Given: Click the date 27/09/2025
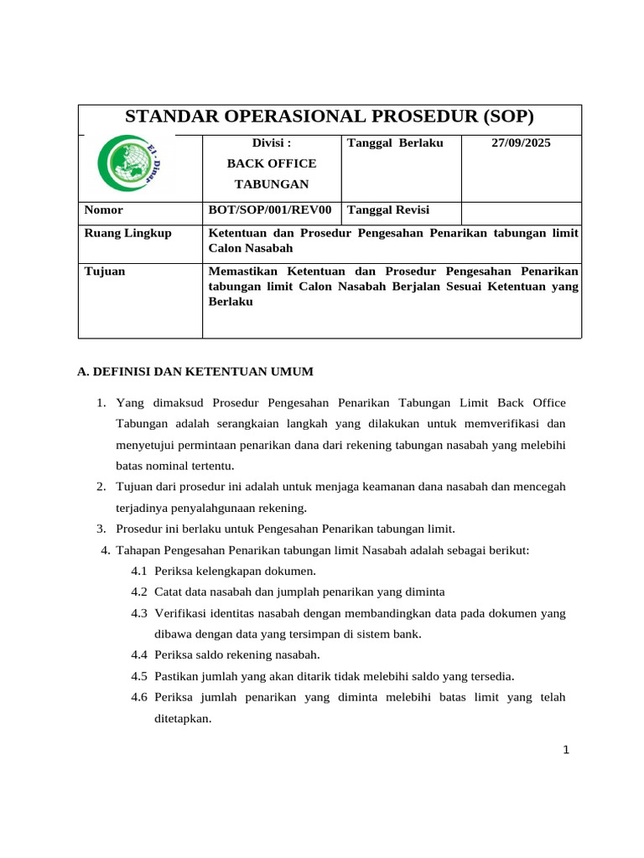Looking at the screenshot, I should tap(521, 143).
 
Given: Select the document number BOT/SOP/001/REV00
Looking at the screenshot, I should tap(270, 210).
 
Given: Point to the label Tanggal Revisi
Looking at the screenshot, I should tap(388, 210).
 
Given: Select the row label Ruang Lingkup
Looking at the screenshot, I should tap(127, 233).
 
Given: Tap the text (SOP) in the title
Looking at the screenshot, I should tap(504, 117).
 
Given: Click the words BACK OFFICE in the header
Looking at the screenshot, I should tap(273, 163).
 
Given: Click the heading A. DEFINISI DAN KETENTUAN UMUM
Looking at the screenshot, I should tap(195, 371).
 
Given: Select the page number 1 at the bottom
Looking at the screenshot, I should tap(566, 750).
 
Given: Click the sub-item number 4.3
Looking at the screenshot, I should tap(139, 613).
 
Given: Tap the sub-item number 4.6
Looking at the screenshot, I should tap(139, 697).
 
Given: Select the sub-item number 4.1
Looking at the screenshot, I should tap(139, 571).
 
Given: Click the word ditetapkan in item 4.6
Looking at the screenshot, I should tap(184, 718).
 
